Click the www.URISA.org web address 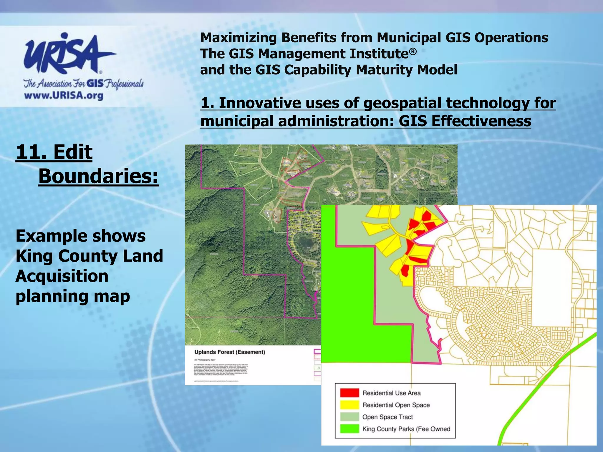pos(64,96)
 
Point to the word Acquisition pos(62,276)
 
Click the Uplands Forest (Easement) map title pos(230,352)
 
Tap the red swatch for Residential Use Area pos(349,393)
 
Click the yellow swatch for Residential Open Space pos(349,405)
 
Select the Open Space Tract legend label pos(387,417)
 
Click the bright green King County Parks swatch pos(349,429)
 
